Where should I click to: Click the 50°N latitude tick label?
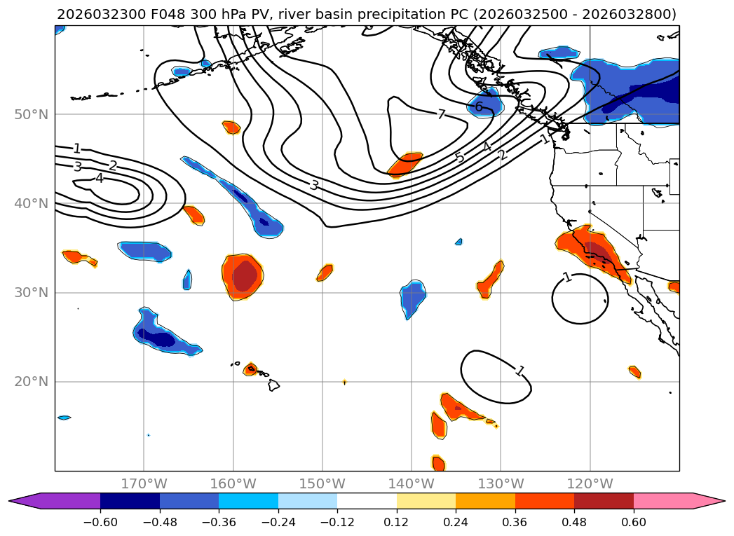tap(31, 114)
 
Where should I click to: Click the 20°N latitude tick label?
tap(31, 382)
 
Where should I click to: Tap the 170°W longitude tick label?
tap(144, 483)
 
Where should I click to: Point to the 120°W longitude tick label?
tap(590, 483)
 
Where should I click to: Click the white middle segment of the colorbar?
tap(367, 501)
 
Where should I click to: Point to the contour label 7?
tap(441, 114)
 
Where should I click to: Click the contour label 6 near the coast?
tap(479, 107)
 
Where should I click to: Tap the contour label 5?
tap(460, 158)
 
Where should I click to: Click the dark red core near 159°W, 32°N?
tap(245, 275)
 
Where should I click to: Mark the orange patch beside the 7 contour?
tap(405, 164)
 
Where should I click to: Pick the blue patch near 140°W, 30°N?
tap(412, 298)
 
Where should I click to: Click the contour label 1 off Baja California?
tap(567, 277)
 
